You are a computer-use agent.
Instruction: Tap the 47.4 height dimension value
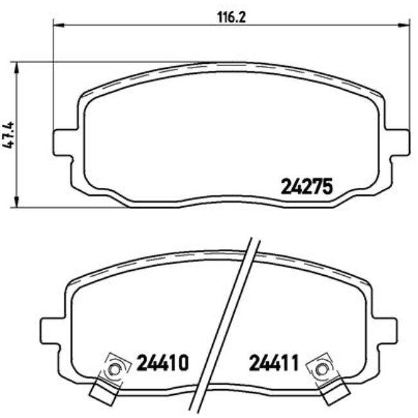(8, 135)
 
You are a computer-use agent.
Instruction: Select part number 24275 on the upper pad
(305, 186)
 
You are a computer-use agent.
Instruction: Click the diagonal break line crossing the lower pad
(228, 322)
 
